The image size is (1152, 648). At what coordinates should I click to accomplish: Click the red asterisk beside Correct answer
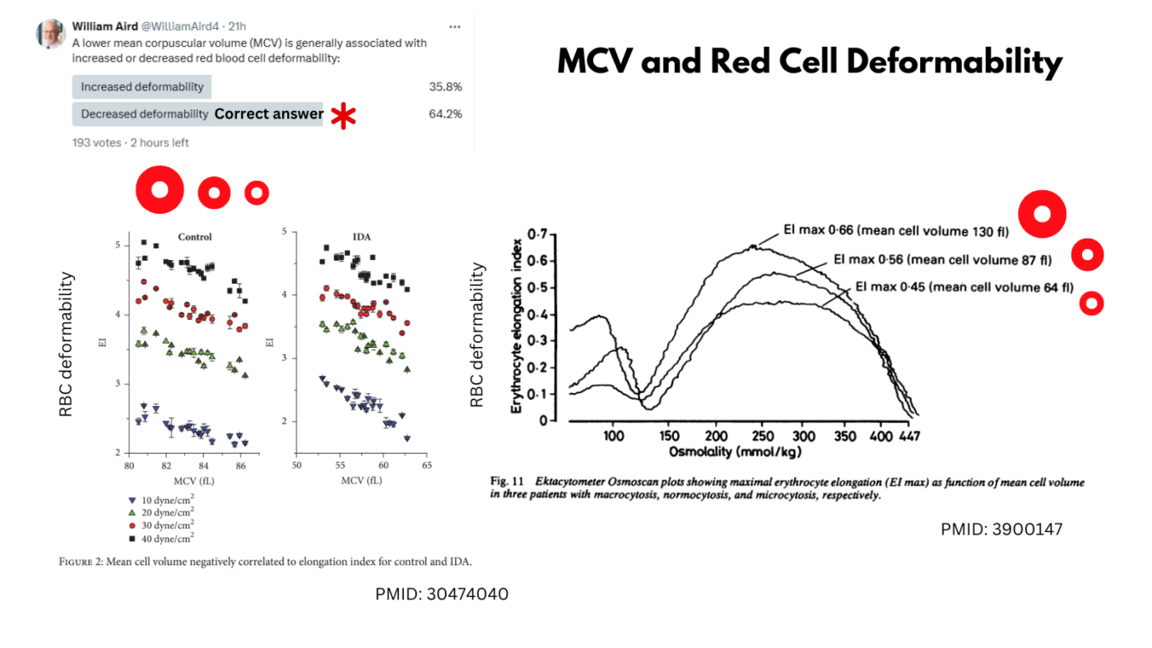click(343, 116)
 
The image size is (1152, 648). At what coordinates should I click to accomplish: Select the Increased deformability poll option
click(142, 86)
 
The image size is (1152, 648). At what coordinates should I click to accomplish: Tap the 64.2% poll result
click(445, 114)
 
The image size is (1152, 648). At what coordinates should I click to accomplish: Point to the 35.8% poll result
click(445, 86)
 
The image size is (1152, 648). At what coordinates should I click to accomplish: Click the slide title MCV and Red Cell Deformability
click(809, 62)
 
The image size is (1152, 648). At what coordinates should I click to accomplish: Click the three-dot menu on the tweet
click(455, 26)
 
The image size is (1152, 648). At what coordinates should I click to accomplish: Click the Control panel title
click(195, 237)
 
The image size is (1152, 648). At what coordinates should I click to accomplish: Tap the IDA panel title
click(361, 237)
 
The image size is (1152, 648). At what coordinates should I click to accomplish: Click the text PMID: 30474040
click(441, 594)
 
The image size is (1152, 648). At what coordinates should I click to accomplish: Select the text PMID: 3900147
click(1001, 530)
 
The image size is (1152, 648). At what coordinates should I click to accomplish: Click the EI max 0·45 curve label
click(964, 287)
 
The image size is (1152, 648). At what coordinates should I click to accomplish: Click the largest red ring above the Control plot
click(160, 190)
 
